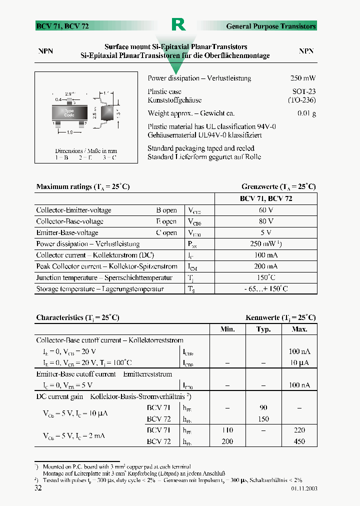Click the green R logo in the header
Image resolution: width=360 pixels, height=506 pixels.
coord(178,24)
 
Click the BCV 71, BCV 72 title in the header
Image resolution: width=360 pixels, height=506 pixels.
coord(62,26)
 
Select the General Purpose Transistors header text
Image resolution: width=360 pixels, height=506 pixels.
coord(270,26)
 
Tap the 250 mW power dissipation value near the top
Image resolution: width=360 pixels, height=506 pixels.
coord(302,78)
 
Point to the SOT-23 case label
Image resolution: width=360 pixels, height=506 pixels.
coord(304,91)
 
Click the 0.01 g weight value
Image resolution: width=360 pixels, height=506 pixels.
coord(306,113)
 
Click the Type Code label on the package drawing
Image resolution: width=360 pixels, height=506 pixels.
coord(69,113)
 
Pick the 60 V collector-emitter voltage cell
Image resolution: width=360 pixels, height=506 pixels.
coord(266,210)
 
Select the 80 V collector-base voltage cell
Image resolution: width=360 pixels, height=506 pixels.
coord(266,221)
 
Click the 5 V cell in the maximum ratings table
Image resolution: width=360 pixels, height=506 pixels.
coord(266,232)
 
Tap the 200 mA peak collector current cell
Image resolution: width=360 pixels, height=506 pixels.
coord(266,266)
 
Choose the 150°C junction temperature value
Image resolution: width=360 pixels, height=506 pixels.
coord(266,277)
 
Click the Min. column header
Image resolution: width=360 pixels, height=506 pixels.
coord(227,329)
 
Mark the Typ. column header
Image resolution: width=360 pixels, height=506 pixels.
coord(263,329)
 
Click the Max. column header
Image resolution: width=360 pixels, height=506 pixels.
coord(299,329)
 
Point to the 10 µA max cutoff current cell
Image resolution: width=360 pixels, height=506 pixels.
coord(299,362)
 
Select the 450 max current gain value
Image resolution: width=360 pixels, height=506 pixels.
coord(299,441)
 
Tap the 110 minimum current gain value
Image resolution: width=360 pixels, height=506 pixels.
coord(227,430)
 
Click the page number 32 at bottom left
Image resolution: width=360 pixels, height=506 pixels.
coord(38,488)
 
